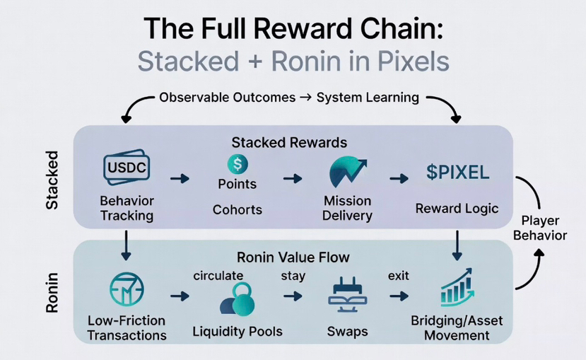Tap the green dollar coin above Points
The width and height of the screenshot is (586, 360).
point(236,164)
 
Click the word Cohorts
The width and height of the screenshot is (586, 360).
point(237,210)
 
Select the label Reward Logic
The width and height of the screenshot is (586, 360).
point(457,209)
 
